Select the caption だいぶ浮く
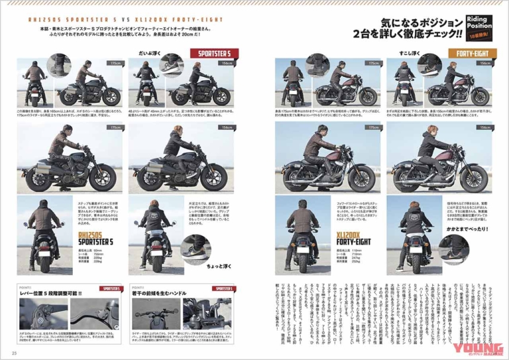pyautogui.click(x=149, y=50)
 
